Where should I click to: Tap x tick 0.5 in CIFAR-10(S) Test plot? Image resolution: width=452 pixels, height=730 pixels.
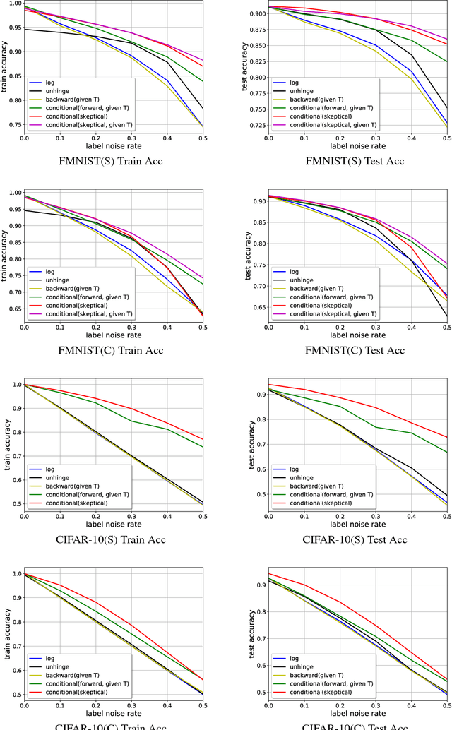tap(446, 518)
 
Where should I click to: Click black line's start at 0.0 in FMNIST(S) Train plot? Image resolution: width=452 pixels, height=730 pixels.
tap(25, 29)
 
